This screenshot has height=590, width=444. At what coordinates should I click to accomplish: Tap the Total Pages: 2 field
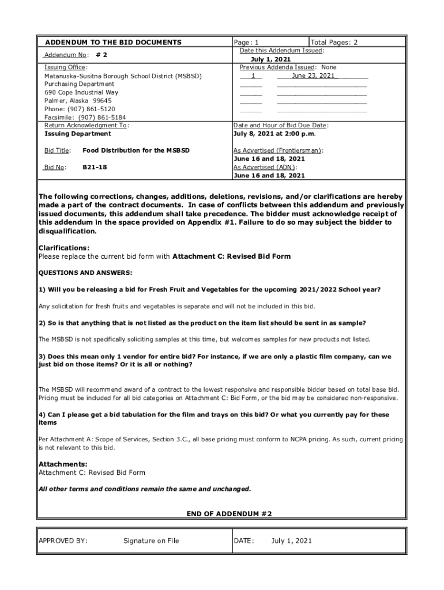(334, 42)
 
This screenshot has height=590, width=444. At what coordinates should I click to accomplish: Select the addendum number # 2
(101, 55)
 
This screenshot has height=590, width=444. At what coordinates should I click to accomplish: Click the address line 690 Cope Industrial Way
(81, 92)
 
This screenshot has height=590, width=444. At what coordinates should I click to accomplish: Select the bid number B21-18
(95, 167)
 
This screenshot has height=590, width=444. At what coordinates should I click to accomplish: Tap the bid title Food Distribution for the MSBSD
(136, 150)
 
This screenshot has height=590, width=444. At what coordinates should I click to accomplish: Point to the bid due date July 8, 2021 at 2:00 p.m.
(274, 134)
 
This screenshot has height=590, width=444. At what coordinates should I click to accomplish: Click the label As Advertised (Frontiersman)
(278, 150)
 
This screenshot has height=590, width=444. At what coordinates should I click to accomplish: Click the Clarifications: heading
(64, 248)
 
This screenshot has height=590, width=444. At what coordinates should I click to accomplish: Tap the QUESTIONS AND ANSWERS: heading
(85, 273)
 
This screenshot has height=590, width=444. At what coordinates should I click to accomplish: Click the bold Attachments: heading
(63, 464)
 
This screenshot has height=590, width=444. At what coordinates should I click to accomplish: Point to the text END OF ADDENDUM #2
(229, 513)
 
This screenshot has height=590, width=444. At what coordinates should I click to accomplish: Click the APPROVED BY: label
(63, 540)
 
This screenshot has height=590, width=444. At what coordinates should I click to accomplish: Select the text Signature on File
(151, 540)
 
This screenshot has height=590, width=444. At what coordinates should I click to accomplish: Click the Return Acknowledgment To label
(86, 125)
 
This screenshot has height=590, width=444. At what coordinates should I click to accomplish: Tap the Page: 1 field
(246, 42)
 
